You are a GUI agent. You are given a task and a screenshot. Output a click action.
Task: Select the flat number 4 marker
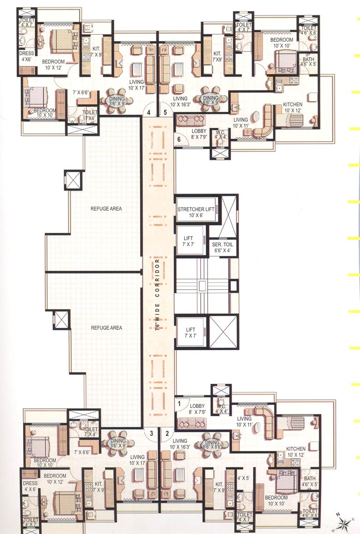click(x=149, y=112)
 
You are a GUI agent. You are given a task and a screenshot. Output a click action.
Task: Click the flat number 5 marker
click(x=165, y=112)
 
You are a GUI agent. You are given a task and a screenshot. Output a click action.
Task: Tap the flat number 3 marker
click(x=150, y=433)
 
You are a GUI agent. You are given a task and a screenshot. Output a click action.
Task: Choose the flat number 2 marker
click(x=167, y=433)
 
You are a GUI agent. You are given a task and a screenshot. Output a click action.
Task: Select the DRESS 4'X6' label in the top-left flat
click(x=26, y=56)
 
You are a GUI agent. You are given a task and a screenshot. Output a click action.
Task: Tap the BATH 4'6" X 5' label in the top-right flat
click(x=308, y=62)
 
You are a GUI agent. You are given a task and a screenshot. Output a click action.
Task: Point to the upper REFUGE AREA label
click(x=107, y=209)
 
